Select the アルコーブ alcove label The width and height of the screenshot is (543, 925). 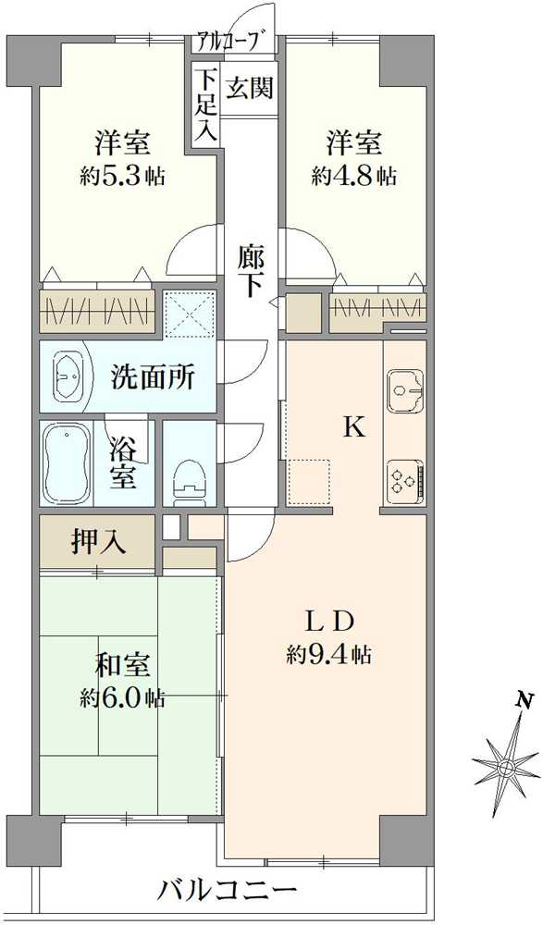[234, 42]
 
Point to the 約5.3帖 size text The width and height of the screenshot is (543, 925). [122, 176]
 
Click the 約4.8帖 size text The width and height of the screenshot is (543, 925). [354, 176]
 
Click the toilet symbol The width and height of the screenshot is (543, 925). [190, 473]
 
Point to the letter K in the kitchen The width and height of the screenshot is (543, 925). [353, 427]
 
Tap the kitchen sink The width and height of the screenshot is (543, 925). [404, 390]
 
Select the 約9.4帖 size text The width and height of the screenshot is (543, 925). [329, 656]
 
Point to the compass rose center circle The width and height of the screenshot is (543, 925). [506, 767]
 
